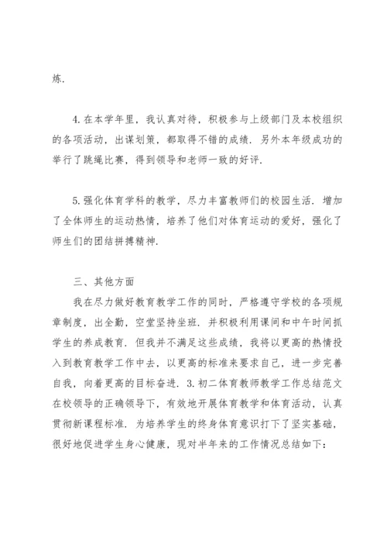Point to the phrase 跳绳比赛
click(x=152, y=160)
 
